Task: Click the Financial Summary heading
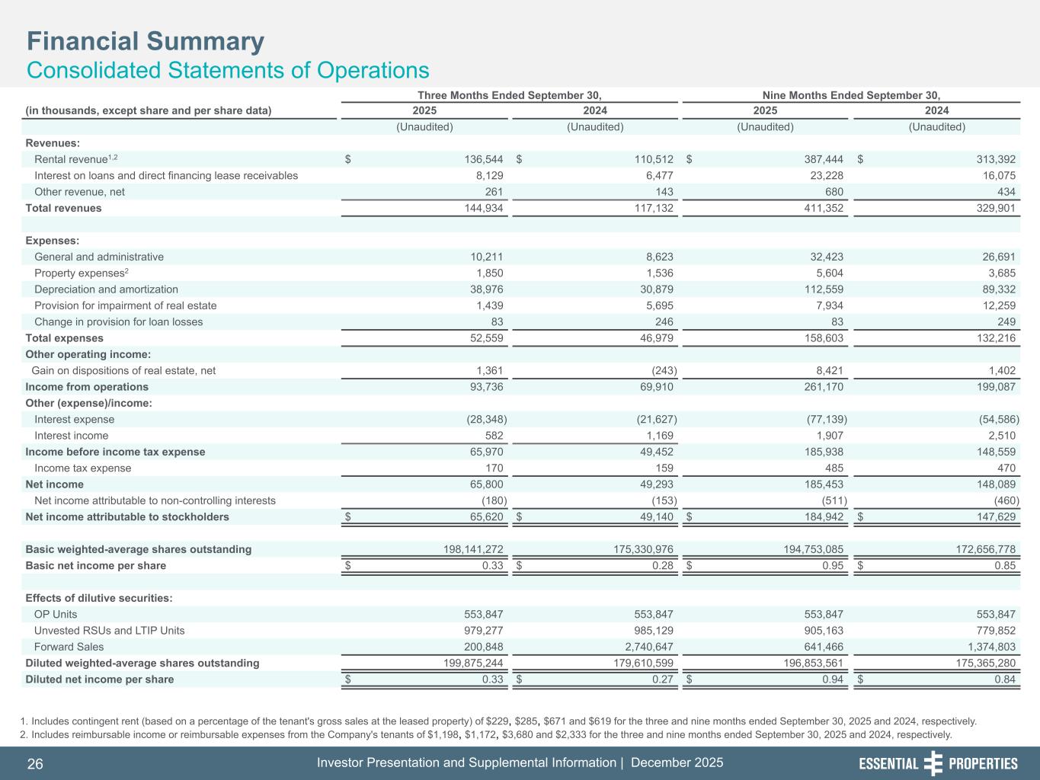coord(146,41)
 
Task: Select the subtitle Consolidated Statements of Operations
coord(228,70)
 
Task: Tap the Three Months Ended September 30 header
coord(510,95)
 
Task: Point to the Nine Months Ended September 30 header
coord(851,95)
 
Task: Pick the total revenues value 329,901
coord(996,208)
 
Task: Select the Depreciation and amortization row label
coord(106,289)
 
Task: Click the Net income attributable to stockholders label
coord(127,517)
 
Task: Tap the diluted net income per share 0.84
coord(1005,679)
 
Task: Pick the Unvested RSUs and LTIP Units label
coord(109,631)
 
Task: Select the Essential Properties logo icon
coord(933,764)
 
